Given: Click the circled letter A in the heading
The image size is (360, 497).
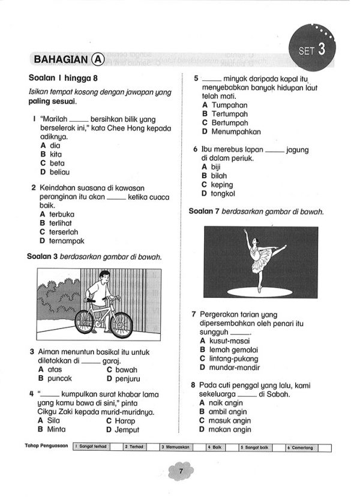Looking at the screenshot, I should point(98,59).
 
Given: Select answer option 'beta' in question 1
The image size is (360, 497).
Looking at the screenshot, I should point(58,163).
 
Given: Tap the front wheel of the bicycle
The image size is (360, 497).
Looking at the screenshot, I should point(121,326).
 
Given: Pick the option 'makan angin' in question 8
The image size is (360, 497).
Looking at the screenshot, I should point(229,429).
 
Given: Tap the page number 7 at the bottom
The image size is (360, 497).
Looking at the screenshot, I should point(179,472).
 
